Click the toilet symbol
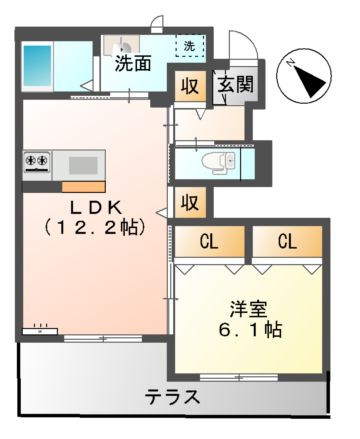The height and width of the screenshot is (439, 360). coord(213,161)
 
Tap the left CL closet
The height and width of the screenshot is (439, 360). coord(208,241)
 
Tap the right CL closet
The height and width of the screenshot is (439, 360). coord(287,241)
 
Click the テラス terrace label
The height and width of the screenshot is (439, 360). coord(172,397)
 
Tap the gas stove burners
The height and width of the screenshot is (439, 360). coord(37,159)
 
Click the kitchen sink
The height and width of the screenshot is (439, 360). coord(83,162)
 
